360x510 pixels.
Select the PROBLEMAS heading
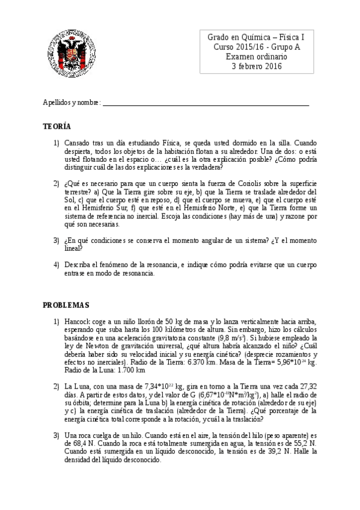click(66, 305)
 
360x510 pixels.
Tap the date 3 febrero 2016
click(257, 66)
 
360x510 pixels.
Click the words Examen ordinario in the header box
click(257, 57)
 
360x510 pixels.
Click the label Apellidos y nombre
click(71, 103)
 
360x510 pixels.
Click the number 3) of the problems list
click(56, 434)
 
